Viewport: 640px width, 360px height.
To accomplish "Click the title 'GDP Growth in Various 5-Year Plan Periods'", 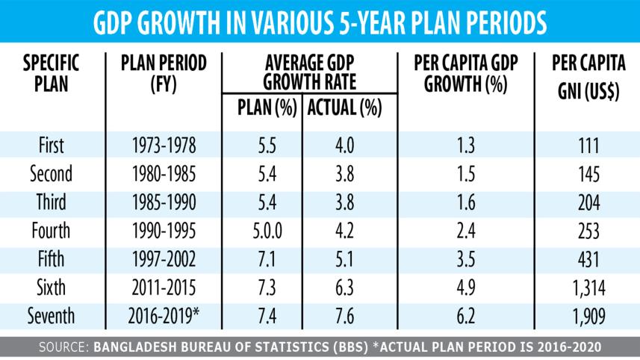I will (320, 22).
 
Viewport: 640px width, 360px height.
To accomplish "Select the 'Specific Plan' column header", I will (50, 72).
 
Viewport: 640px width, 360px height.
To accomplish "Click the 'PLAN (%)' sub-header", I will (260, 108).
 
